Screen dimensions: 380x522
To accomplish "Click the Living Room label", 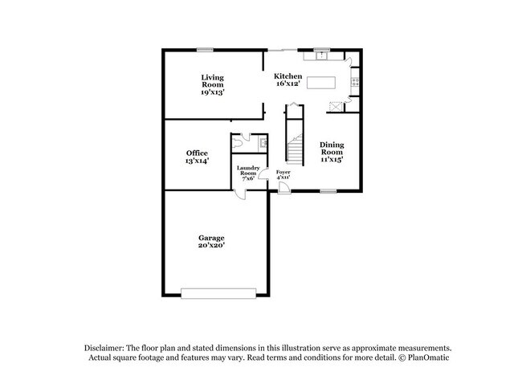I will [x=213, y=84].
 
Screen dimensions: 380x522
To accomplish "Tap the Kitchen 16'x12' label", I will [x=288, y=80].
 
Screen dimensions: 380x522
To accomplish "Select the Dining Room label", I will [x=332, y=153].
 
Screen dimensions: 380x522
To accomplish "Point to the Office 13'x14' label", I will [x=197, y=157].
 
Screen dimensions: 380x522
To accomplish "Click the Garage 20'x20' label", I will [x=212, y=241].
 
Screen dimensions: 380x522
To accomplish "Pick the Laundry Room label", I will [x=247, y=173].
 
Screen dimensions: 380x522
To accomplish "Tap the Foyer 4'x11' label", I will [x=283, y=176].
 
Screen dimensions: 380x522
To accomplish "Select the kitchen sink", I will [x=323, y=55].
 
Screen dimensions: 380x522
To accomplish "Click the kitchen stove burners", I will [x=355, y=80].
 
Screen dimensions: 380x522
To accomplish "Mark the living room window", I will [x=206, y=51].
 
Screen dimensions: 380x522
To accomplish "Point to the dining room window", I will [x=328, y=191].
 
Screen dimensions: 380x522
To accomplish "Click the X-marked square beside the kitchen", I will [x=338, y=104].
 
